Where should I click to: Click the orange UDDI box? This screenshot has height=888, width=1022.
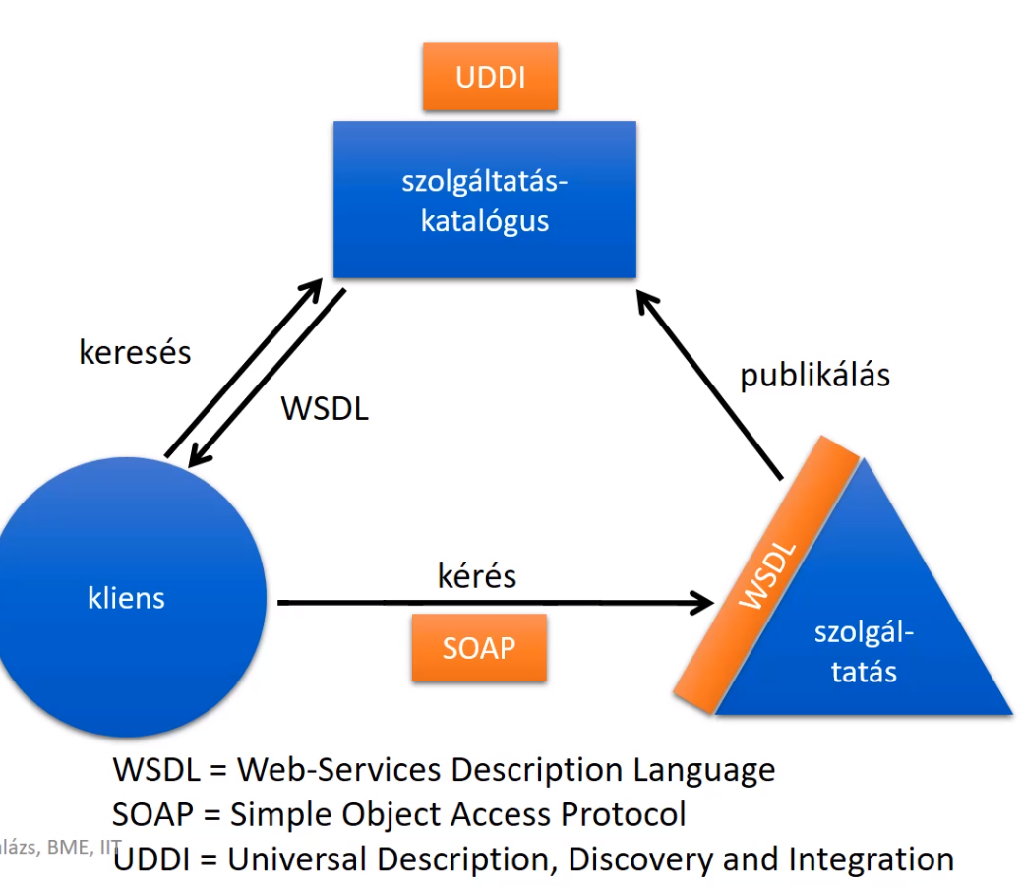(490, 77)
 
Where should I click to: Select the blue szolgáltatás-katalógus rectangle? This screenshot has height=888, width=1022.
(484, 200)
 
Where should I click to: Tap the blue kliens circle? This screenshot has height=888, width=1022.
(127, 598)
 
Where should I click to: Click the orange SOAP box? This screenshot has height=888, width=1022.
(479, 647)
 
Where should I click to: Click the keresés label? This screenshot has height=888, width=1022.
(135, 352)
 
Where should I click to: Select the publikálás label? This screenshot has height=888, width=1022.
(814, 375)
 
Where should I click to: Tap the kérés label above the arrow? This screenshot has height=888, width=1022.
(476, 575)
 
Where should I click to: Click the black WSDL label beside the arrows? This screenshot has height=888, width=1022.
(325, 408)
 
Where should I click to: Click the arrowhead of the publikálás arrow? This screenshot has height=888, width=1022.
(649, 301)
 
